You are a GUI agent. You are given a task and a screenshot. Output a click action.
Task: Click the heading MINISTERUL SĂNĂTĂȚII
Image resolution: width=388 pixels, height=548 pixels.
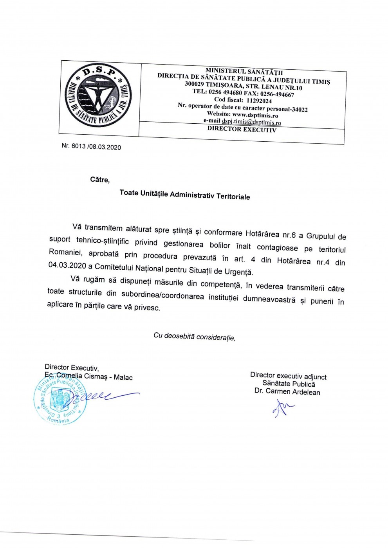pos(244,71)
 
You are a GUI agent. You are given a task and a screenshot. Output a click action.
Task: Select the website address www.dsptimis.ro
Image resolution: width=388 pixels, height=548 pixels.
pos(255,115)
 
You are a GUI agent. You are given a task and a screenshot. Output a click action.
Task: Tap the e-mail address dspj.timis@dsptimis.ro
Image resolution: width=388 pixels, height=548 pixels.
pos(251,122)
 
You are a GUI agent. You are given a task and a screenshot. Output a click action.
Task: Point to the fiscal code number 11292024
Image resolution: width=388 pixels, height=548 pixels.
pos(259,101)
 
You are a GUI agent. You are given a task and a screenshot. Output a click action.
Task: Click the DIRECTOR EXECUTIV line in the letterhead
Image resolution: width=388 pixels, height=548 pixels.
pos(242,129)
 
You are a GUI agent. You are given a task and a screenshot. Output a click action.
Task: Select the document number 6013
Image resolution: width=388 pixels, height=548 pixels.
pos(78,146)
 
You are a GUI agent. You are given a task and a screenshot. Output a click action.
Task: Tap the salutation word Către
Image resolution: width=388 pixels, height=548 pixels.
pos(100,180)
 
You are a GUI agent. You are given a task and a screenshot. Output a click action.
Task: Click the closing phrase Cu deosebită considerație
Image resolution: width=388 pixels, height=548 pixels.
pos(194,336)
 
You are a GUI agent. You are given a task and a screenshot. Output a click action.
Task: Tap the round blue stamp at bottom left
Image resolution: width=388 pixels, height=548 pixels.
pos(60,399)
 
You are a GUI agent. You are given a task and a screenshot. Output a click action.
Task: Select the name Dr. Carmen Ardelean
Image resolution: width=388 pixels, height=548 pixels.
pos(287,391)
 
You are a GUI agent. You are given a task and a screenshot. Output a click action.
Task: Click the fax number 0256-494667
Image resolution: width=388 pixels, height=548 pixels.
pos(277,94)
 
